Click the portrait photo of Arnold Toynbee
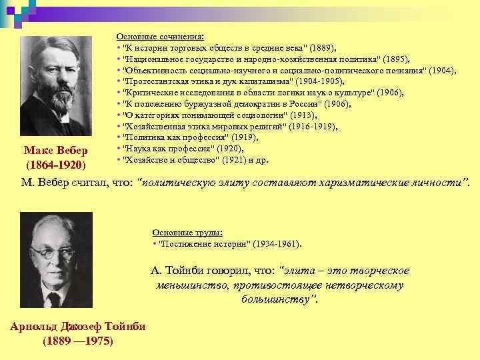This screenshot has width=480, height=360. click(x=56, y=259)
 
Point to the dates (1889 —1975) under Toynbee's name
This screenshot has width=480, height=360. click(x=77, y=341)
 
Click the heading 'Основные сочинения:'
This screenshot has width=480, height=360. click(x=160, y=37)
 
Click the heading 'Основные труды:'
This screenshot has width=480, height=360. click(x=187, y=233)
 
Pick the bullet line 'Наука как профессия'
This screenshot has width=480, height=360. click(x=180, y=149)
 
